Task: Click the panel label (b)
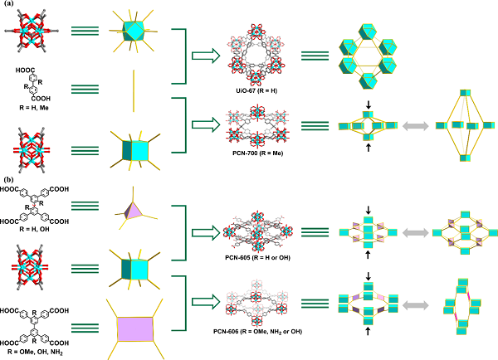(x=8, y=179)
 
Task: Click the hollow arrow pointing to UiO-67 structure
(x=203, y=56)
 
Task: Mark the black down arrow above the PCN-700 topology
(x=367, y=105)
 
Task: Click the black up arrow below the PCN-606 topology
(x=367, y=331)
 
